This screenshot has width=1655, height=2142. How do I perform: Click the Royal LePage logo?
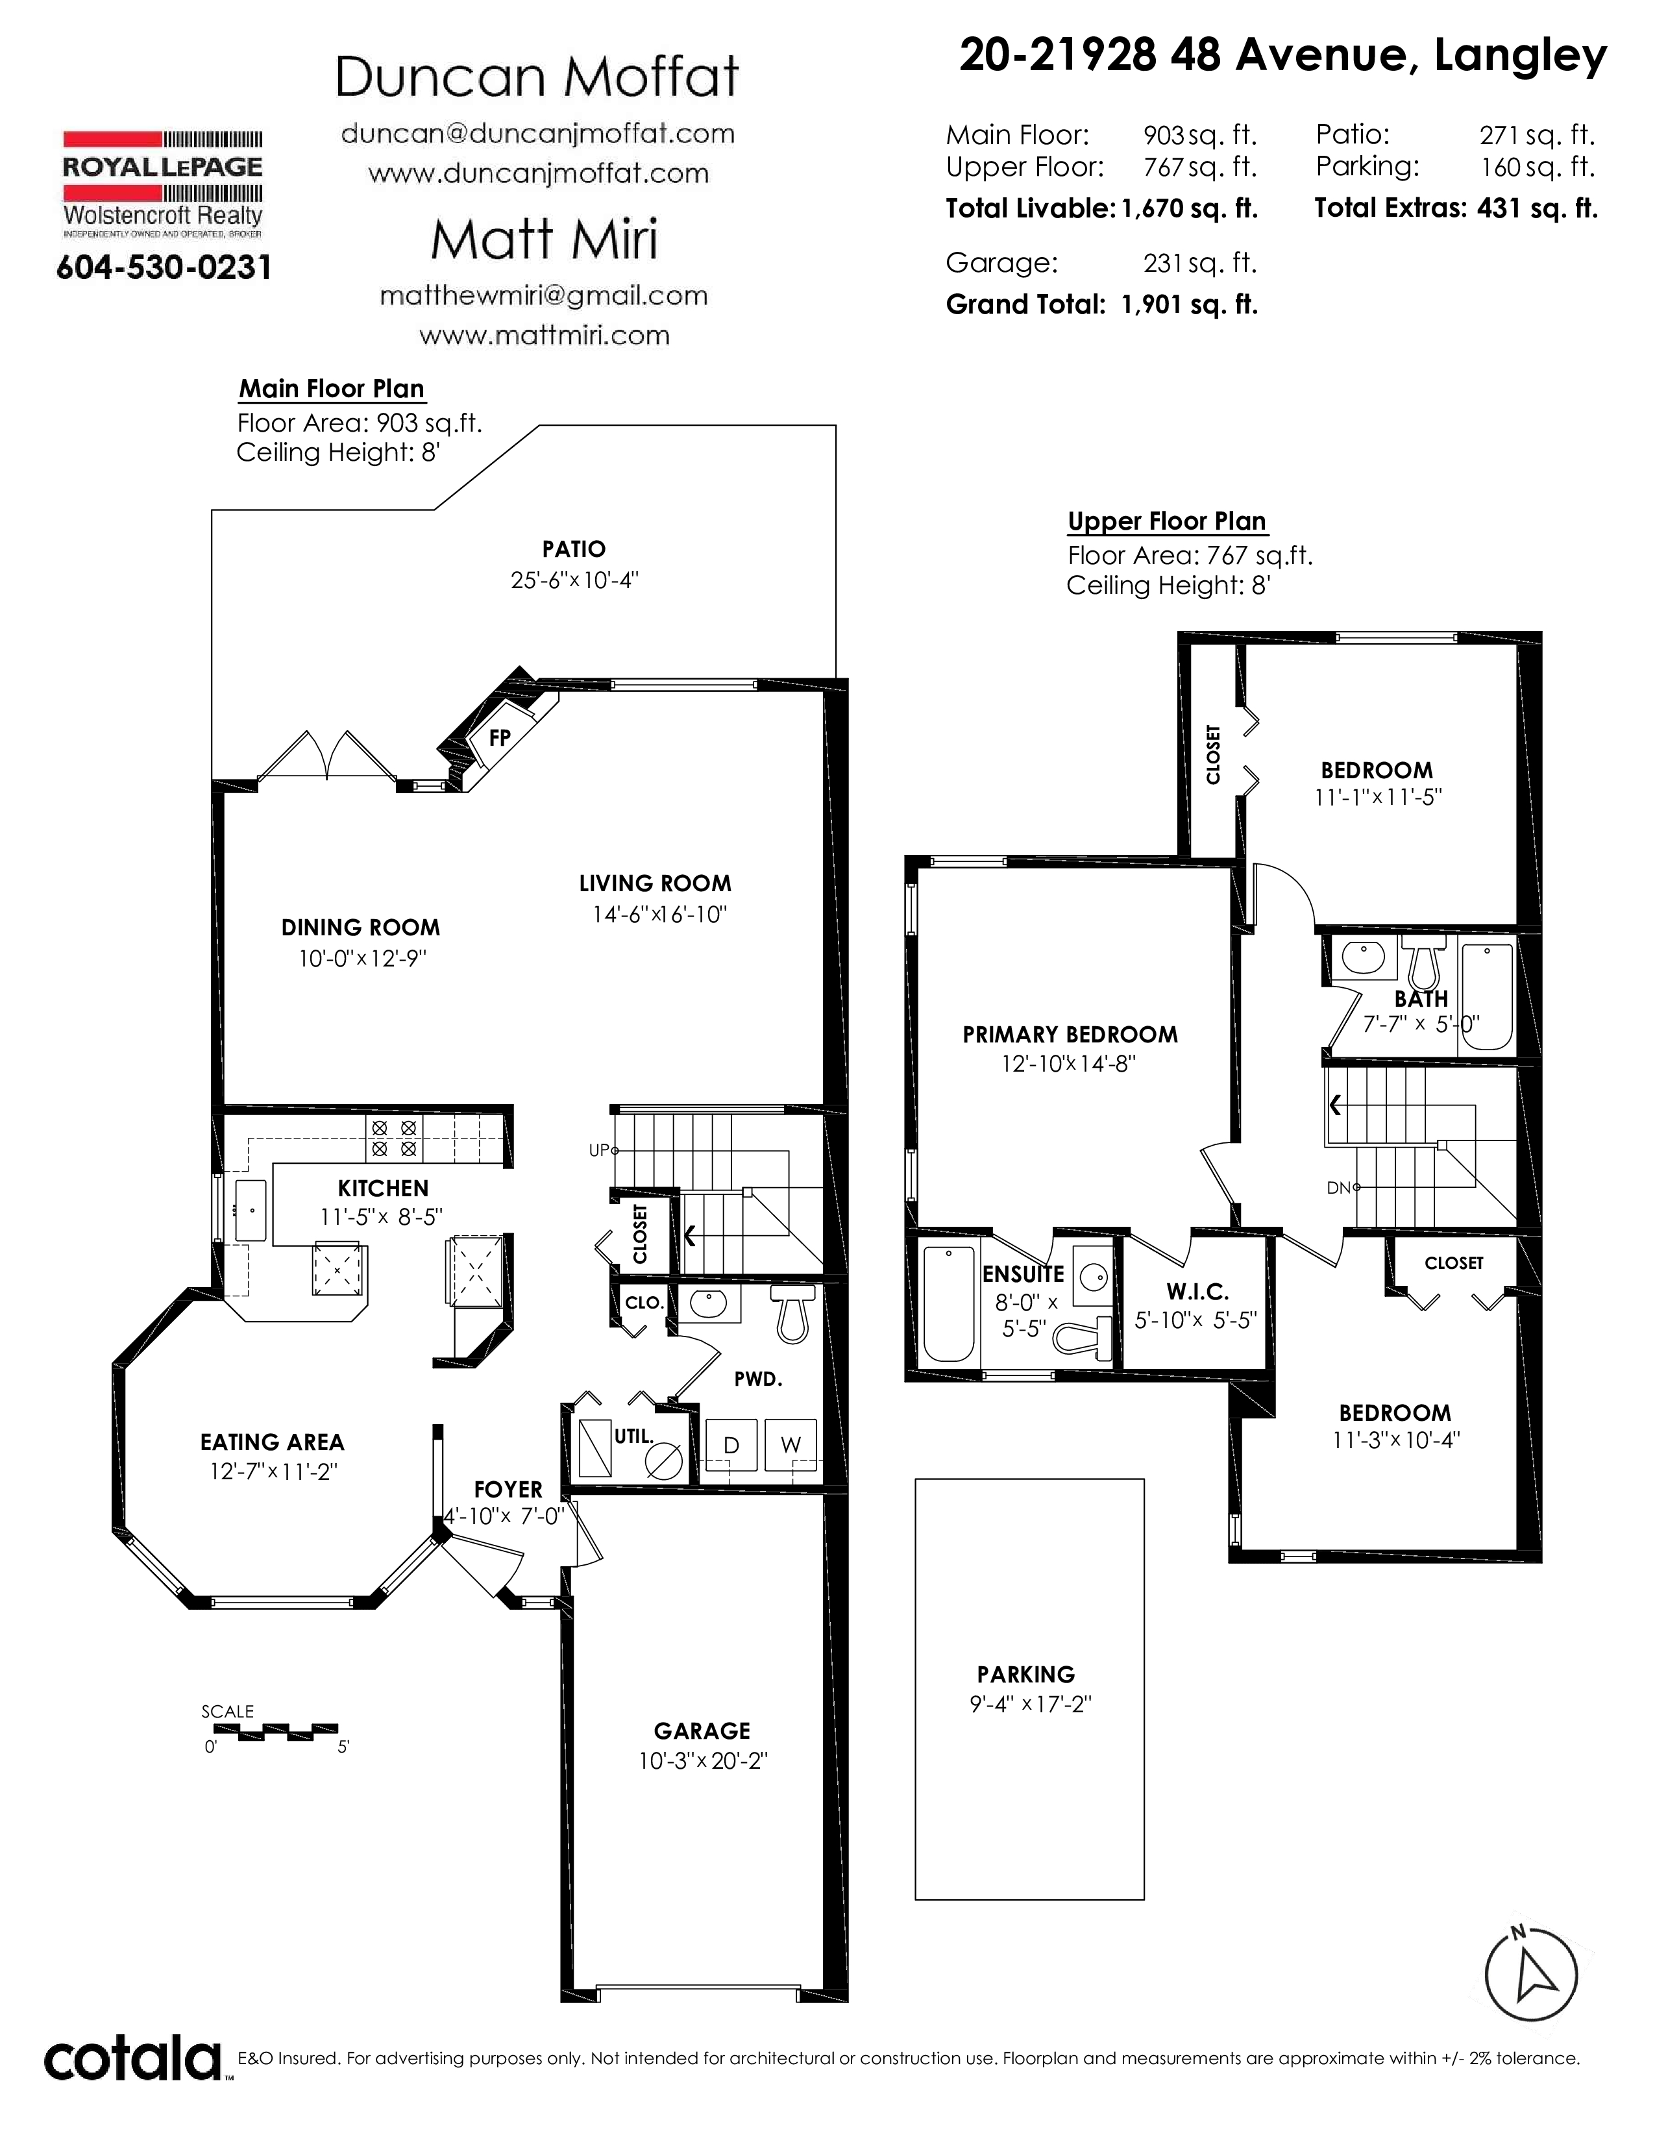click(163, 184)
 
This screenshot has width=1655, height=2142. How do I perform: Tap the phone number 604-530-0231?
click(164, 267)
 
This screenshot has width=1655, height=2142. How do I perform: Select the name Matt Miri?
click(544, 240)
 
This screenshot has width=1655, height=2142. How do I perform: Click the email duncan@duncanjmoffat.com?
click(538, 133)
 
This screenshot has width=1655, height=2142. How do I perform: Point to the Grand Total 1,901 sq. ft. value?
click(1188, 305)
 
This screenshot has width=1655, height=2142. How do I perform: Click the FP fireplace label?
click(500, 737)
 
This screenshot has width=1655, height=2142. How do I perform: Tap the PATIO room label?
click(574, 549)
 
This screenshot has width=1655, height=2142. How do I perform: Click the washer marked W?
click(791, 1445)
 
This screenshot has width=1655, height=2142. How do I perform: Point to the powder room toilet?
click(793, 1312)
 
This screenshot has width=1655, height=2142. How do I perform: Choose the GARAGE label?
click(702, 1731)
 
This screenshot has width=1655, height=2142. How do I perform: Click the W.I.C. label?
click(1197, 1292)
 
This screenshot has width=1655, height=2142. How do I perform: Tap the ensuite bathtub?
click(949, 1303)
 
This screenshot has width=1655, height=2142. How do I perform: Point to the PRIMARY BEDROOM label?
click(1070, 1035)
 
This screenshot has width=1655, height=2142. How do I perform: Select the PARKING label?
click(1025, 1674)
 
